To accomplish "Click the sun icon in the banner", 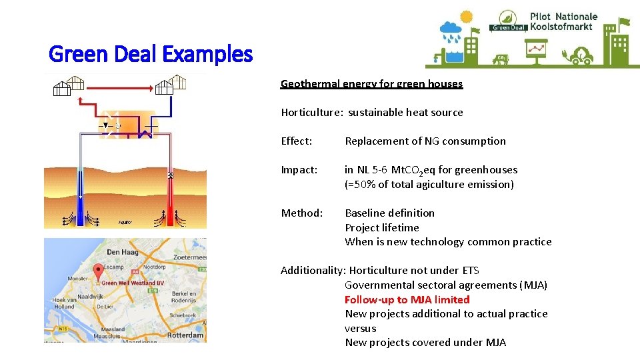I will click(466, 17).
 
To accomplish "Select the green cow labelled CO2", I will click(501, 59).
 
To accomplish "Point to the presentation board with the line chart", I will click(535, 50).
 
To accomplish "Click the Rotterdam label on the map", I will click(185, 335).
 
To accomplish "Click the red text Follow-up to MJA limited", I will click(407, 299).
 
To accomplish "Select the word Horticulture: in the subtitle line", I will click(311, 113).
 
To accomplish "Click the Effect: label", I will click(297, 141).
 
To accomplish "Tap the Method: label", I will click(301, 213).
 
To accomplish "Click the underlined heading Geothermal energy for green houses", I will click(371, 84).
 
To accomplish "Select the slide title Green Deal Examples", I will click(151, 53).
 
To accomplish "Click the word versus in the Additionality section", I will click(360, 328).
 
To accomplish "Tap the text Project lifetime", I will click(381, 227).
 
